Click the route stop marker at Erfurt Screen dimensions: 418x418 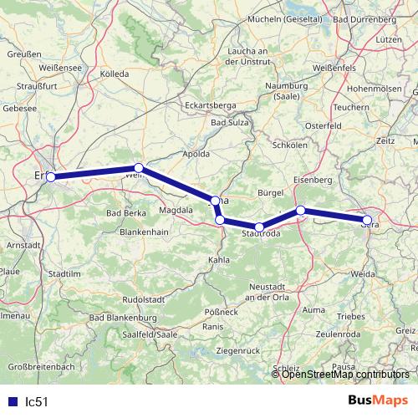51,176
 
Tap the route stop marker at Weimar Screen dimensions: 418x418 140,168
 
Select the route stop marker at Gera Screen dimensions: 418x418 367,220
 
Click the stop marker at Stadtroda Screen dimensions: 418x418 259,227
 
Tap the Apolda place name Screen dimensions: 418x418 196,155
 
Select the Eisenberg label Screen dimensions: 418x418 313,180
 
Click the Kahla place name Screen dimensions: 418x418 218,260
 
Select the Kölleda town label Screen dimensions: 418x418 115,74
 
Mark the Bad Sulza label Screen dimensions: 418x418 230,123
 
